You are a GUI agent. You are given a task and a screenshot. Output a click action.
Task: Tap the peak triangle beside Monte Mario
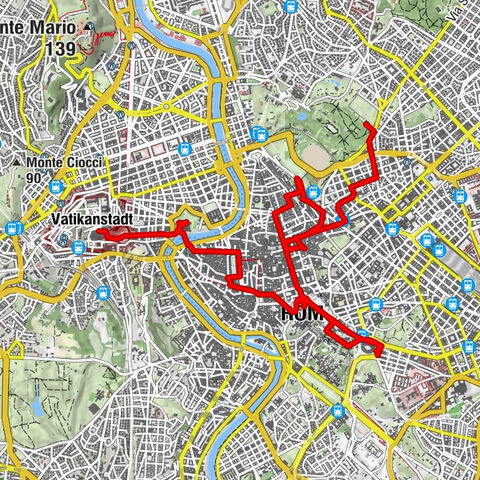click(90, 27)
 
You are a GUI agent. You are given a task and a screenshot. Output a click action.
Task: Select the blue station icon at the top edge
click(290, 5)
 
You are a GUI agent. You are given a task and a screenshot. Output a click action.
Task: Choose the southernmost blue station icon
click(341, 410)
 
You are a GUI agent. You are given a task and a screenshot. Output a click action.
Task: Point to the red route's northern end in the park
click(367, 124)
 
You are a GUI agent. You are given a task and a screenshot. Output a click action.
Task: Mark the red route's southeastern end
click(381, 351)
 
